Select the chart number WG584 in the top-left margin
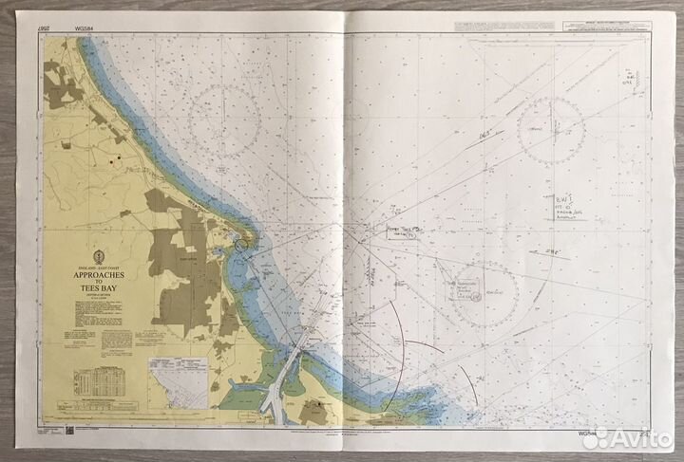(76, 29)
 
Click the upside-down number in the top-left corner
(44, 30)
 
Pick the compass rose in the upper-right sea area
(551, 130)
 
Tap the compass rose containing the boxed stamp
(473, 290)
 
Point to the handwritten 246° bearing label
(555, 252)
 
